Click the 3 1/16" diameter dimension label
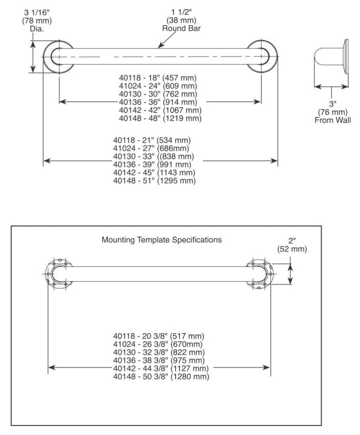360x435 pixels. (x=37, y=20)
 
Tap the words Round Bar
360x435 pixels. (x=181, y=28)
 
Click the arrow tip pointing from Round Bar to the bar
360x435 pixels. (x=158, y=48)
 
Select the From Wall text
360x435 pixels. (x=333, y=120)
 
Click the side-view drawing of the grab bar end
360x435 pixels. (x=331, y=57)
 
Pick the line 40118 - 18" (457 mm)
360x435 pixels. (x=158, y=78)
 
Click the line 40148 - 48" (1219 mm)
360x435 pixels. (x=160, y=118)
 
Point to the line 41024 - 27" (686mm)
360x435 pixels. (x=151, y=148)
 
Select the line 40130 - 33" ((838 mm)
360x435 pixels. (x=153, y=156)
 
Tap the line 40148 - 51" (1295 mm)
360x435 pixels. (x=154, y=181)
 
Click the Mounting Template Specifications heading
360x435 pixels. (x=162, y=240)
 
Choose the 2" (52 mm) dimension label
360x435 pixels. (x=292, y=245)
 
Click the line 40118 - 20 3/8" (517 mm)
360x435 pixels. (x=159, y=336)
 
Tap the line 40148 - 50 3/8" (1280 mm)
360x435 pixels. (x=161, y=376)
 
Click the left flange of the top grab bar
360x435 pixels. (x=59, y=57)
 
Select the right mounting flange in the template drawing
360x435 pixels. (x=260, y=274)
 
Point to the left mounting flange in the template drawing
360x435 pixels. (x=59, y=274)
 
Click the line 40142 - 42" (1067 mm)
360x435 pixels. (x=160, y=110)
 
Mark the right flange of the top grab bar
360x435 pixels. (x=262, y=57)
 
